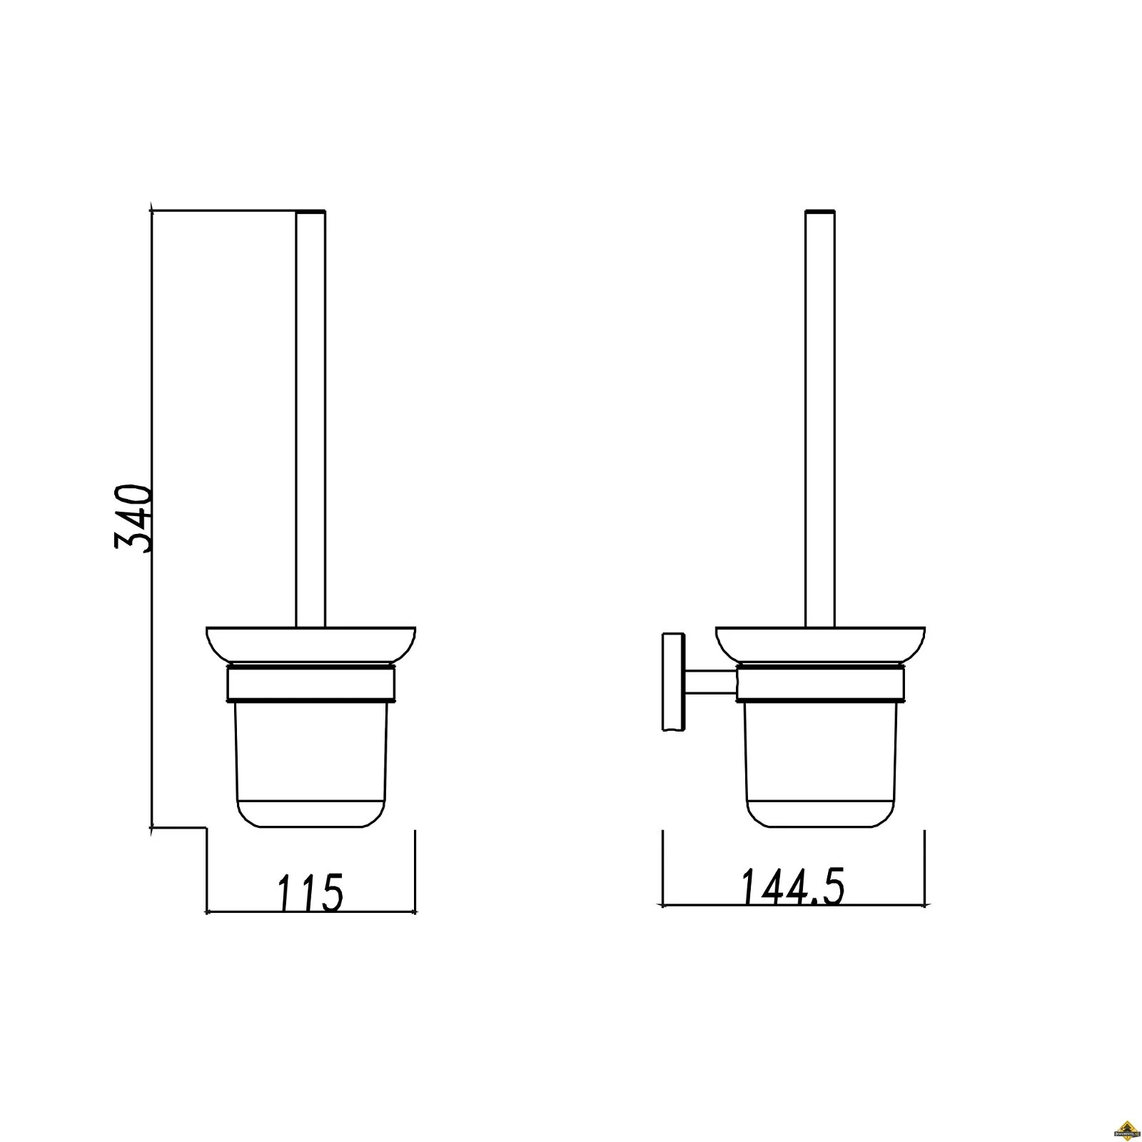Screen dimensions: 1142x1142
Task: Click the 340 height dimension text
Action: pyautogui.click(x=133, y=519)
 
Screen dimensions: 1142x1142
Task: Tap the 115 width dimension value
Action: pyautogui.click(x=310, y=892)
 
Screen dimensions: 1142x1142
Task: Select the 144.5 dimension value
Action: pyautogui.click(x=792, y=887)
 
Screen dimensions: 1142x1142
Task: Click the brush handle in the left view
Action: pyautogui.click(x=310, y=421)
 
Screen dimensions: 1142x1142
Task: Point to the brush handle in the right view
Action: pyautogui.click(x=820, y=421)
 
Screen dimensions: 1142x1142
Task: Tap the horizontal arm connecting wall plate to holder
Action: pyautogui.click(x=711, y=682)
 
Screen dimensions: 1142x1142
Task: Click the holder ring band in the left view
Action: pyautogui.click(x=310, y=683)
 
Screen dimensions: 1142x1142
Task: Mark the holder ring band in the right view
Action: pyautogui.click(x=820, y=683)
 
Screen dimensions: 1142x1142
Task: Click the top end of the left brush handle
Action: pyautogui.click(x=310, y=213)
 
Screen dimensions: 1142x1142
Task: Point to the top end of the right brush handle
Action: pyautogui.click(x=820, y=213)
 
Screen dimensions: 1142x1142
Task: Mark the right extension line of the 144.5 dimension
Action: pyautogui.click(x=924, y=867)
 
